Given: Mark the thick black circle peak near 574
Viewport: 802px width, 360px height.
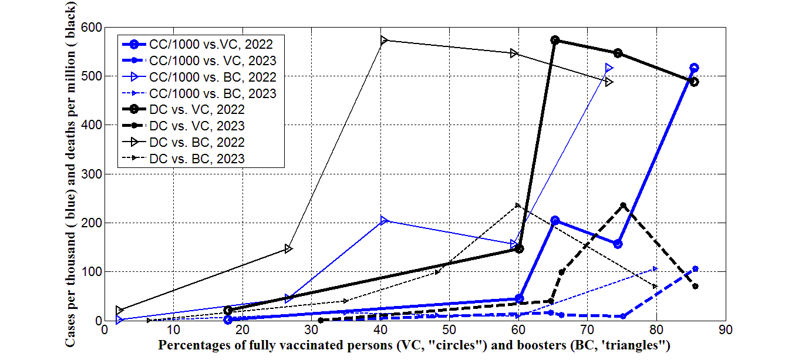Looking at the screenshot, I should pyautogui.click(x=555, y=40).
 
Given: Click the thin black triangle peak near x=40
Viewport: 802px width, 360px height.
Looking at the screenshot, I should pyautogui.click(x=384, y=40).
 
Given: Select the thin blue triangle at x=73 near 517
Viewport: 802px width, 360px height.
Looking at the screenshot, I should pyautogui.click(x=609, y=68).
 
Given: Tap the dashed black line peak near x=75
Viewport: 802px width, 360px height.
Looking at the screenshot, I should pyautogui.click(x=624, y=206).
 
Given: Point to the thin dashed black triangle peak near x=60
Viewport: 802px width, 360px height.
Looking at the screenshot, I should pyautogui.click(x=517, y=206).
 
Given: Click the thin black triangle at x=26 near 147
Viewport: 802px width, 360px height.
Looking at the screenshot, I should pyautogui.click(x=288, y=248).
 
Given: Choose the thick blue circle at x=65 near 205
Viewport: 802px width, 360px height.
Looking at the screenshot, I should pyautogui.click(x=555, y=220).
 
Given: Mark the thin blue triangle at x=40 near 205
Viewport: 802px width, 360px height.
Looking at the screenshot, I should pyautogui.click(x=384, y=220).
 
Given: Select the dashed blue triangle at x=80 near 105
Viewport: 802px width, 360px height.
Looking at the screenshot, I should pyautogui.click(x=656, y=269).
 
